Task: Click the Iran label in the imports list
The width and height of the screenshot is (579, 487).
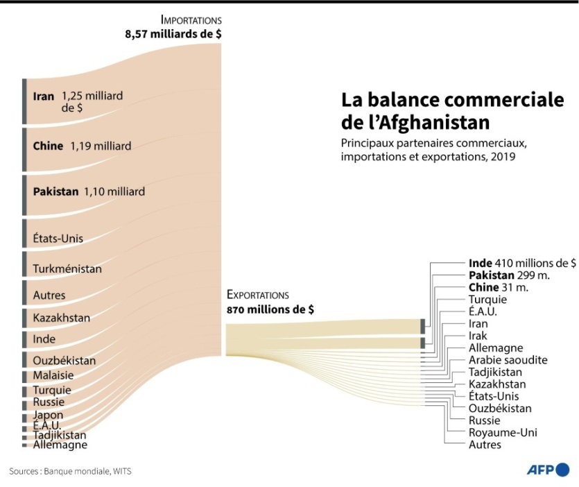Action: pyautogui.click(x=43, y=96)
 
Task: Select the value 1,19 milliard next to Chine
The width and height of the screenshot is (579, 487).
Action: pyautogui.click(x=100, y=146)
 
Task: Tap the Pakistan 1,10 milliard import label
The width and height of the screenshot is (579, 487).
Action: pyautogui.click(x=89, y=191)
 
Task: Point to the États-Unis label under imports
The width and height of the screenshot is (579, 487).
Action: pyautogui.click(x=58, y=238)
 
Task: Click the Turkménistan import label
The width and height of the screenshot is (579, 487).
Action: pyautogui.click(x=67, y=268)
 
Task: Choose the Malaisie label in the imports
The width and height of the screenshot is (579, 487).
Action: pyautogui.click(x=53, y=375)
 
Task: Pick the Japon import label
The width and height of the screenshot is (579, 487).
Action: pyautogui.click(x=48, y=415)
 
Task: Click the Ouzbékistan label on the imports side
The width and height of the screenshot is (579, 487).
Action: pyautogui.click(x=64, y=361)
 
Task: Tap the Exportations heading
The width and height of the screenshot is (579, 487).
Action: pyautogui.click(x=258, y=295)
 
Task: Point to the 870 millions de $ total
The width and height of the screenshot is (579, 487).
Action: pyautogui.click(x=270, y=309)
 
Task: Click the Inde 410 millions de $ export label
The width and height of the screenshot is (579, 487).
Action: pyautogui.click(x=522, y=263)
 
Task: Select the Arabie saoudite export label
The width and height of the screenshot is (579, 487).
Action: pyautogui.click(x=508, y=360)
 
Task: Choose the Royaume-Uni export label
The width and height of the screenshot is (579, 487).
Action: pyautogui.click(x=503, y=432)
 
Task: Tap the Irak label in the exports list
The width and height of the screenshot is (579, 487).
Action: pyautogui.click(x=478, y=336)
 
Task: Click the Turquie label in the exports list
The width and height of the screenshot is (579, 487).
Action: pyautogui.click(x=487, y=299)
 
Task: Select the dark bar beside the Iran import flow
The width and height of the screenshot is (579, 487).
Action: pyautogui.click(x=24, y=101)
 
